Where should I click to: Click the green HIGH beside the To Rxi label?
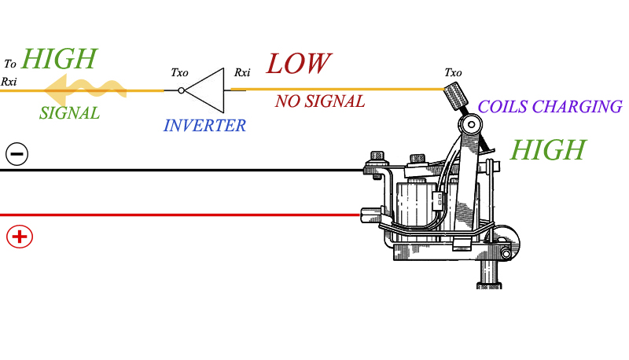pos(60,58)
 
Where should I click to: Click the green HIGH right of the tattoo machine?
pos(547,149)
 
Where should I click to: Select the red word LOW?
pos(298,64)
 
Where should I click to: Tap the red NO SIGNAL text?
pos(319,101)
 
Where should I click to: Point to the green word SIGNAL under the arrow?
pos(69,113)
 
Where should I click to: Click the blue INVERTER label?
pos(204,126)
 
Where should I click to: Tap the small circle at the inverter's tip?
pos(182,90)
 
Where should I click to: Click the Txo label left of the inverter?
pos(179,72)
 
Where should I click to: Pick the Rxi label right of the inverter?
pos(242,72)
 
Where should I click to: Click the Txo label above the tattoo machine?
pos(453,72)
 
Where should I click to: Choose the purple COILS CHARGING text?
pos(550,107)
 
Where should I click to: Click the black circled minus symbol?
pos(17,153)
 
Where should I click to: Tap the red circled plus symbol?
pos(19,235)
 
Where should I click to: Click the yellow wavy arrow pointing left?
pos(83,87)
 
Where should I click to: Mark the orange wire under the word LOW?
pos(338,90)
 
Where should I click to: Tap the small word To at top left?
pos(9,64)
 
